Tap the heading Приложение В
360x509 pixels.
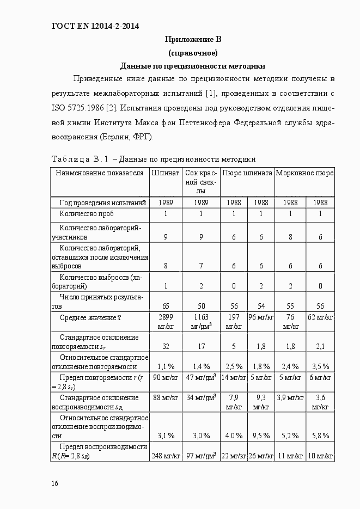(x=193, y=40)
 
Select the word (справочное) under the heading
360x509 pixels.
(x=193, y=53)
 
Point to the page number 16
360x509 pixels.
(x=55, y=483)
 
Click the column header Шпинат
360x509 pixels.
(x=166, y=173)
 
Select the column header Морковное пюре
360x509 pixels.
(x=304, y=173)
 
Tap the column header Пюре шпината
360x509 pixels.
(x=247, y=173)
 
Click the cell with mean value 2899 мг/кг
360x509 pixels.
(x=166, y=321)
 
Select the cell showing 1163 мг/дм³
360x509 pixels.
(x=200, y=321)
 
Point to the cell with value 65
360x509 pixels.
(x=166, y=306)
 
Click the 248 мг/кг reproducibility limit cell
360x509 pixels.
(x=166, y=455)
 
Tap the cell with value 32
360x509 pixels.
(x=166, y=346)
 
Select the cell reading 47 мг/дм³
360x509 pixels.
(x=200, y=377)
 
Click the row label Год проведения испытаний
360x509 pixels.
(x=102, y=203)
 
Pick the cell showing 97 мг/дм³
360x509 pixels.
(x=200, y=455)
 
